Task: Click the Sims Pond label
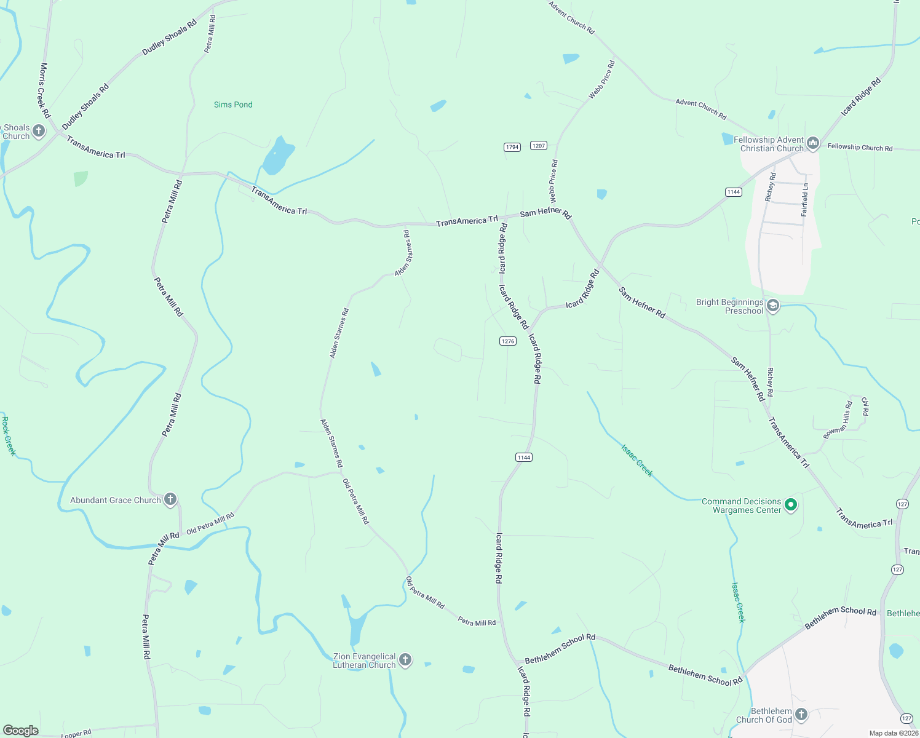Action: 233,105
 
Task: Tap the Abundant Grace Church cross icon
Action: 170,499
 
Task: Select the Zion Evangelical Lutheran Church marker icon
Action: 405,660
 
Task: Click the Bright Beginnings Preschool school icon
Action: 773,306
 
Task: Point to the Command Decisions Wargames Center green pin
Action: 791,505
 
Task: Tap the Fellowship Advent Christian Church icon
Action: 813,144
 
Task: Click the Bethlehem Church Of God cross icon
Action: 801,715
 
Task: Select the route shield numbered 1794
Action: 512,147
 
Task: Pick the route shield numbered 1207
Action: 539,146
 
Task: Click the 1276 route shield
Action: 507,341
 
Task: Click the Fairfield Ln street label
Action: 804,199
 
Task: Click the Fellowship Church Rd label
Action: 860,147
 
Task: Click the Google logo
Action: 20,731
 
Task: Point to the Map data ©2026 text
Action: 893,733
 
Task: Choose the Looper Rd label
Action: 76,734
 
